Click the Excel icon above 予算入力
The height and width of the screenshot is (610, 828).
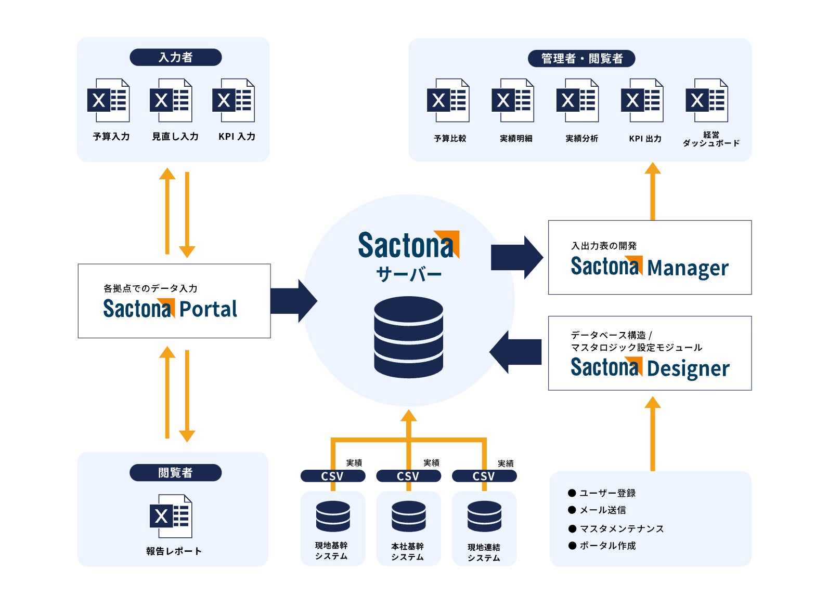pos(108,100)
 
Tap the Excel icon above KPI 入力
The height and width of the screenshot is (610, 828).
pos(234,100)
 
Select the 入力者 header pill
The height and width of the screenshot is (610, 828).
pos(176,57)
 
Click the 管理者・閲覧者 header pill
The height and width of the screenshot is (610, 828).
pos(581,59)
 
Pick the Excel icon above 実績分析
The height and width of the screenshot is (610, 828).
pos(577,100)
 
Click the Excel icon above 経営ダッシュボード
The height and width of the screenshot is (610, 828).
pos(707,100)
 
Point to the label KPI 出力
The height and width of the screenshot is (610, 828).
pos(645,139)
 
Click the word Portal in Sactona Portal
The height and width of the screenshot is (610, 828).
pos(208,309)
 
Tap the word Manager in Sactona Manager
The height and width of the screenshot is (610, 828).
pos(688,268)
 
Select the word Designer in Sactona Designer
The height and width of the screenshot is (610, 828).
pos(688,368)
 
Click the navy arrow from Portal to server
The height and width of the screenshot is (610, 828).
pos(294,301)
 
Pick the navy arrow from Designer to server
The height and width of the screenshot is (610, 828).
pos(515,352)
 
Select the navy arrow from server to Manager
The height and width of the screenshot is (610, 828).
pos(517,257)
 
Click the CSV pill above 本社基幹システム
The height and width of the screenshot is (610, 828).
pos(408,476)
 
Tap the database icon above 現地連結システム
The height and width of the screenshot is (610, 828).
pos(484,516)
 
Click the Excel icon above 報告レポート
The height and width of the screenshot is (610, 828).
pos(171,516)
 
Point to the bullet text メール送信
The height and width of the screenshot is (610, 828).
pos(603,510)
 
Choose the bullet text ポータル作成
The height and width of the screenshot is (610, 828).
pos(607,546)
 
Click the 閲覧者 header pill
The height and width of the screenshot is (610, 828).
pos(176,473)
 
